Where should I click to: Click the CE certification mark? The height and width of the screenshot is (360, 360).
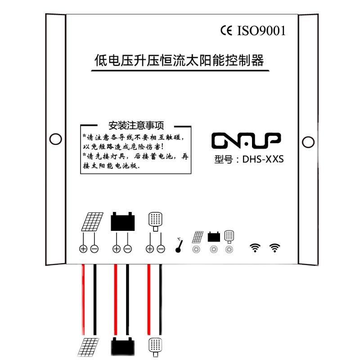pyautogui.click(x=225, y=31)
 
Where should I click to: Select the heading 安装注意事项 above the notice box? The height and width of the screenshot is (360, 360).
pyautogui.click(x=135, y=125)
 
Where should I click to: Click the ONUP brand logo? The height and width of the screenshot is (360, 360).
pyautogui.click(x=246, y=140)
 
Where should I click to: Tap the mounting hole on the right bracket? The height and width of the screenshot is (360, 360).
pyautogui.click(x=308, y=142)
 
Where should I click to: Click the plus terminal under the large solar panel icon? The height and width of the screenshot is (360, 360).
pyautogui.click(x=83, y=249)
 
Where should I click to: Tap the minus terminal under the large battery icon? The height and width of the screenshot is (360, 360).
pyautogui.click(x=128, y=249)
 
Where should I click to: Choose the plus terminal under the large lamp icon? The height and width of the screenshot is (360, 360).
pyautogui.click(x=150, y=249)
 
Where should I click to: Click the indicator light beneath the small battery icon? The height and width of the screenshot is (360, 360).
pyautogui.click(x=213, y=250)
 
